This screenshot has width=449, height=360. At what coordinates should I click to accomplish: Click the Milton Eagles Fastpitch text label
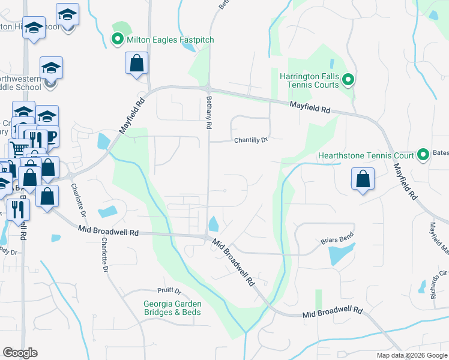click(x=170, y=40)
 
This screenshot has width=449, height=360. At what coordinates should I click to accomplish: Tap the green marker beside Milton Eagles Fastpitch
click(x=118, y=40)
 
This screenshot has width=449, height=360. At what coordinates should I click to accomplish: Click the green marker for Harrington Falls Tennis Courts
click(x=347, y=80)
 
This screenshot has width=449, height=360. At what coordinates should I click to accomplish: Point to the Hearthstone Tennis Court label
click(x=366, y=155)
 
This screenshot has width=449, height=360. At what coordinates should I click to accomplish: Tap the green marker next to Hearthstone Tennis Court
click(x=423, y=155)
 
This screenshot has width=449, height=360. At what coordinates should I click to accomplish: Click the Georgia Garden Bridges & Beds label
click(x=172, y=308)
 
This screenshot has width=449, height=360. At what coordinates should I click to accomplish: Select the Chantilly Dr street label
click(x=250, y=140)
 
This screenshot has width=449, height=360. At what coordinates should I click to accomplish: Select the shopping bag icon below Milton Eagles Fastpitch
click(x=137, y=63)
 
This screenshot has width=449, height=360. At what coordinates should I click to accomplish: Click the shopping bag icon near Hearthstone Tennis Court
click(x=363, y=179)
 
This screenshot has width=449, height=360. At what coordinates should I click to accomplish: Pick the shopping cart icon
click(x=19, y=148)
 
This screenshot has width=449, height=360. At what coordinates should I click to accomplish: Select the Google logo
click(x=20, y=353)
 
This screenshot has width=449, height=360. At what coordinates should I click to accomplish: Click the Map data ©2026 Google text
click(x=411, y=355)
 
